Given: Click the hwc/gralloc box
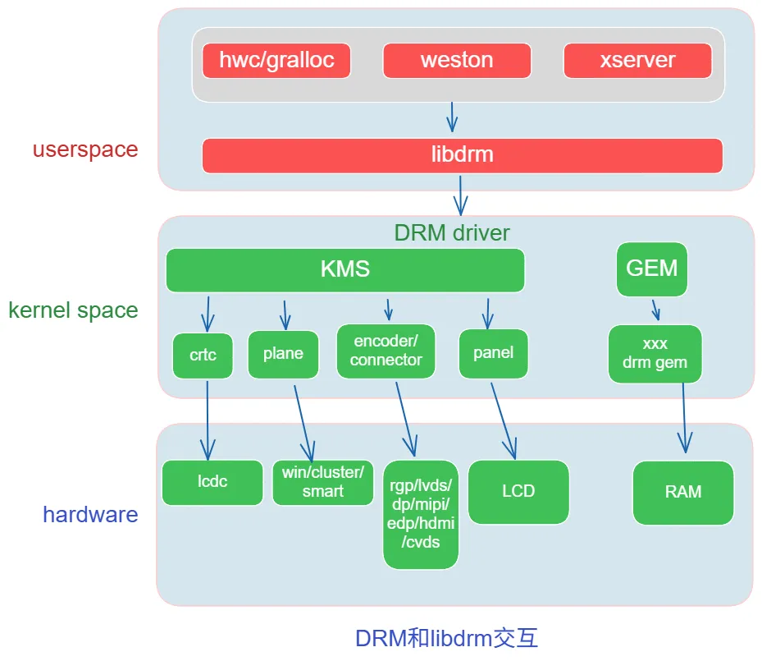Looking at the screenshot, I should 276,61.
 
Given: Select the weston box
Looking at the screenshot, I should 457,61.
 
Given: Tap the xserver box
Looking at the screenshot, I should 637,61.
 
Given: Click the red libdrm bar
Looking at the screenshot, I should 462,155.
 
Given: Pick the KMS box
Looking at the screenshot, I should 344,269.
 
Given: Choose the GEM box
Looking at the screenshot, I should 651,269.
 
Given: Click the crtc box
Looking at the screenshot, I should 203,356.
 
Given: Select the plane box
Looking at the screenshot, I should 283,354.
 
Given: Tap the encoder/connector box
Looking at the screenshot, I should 386,351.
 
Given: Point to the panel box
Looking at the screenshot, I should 493,353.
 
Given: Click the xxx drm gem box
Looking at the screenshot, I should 655,354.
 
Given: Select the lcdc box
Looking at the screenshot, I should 212,482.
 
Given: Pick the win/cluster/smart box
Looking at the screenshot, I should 322,482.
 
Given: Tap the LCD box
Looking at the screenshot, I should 518,491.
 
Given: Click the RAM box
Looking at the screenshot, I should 683,492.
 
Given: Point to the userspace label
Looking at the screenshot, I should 85,150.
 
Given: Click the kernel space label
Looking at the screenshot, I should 73,310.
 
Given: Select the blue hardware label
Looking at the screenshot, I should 90,515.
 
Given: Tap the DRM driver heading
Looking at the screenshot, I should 452,233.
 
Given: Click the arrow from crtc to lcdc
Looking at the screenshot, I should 208,419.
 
